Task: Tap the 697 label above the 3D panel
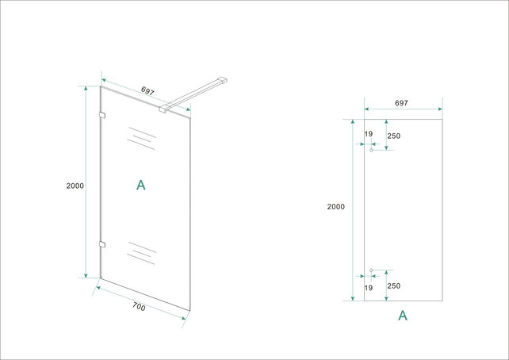pos(147,91)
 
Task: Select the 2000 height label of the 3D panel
pos(75,186)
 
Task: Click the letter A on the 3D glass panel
pos(141,185)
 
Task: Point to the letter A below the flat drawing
pos(402,315)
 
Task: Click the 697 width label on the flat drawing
pos(401,103)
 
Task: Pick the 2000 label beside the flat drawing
pos(335,207)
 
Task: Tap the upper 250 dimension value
pos(394,136)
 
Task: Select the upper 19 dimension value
pos(369,135)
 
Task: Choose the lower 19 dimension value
pos(369,288)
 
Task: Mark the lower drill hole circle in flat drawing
pos(371,270)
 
